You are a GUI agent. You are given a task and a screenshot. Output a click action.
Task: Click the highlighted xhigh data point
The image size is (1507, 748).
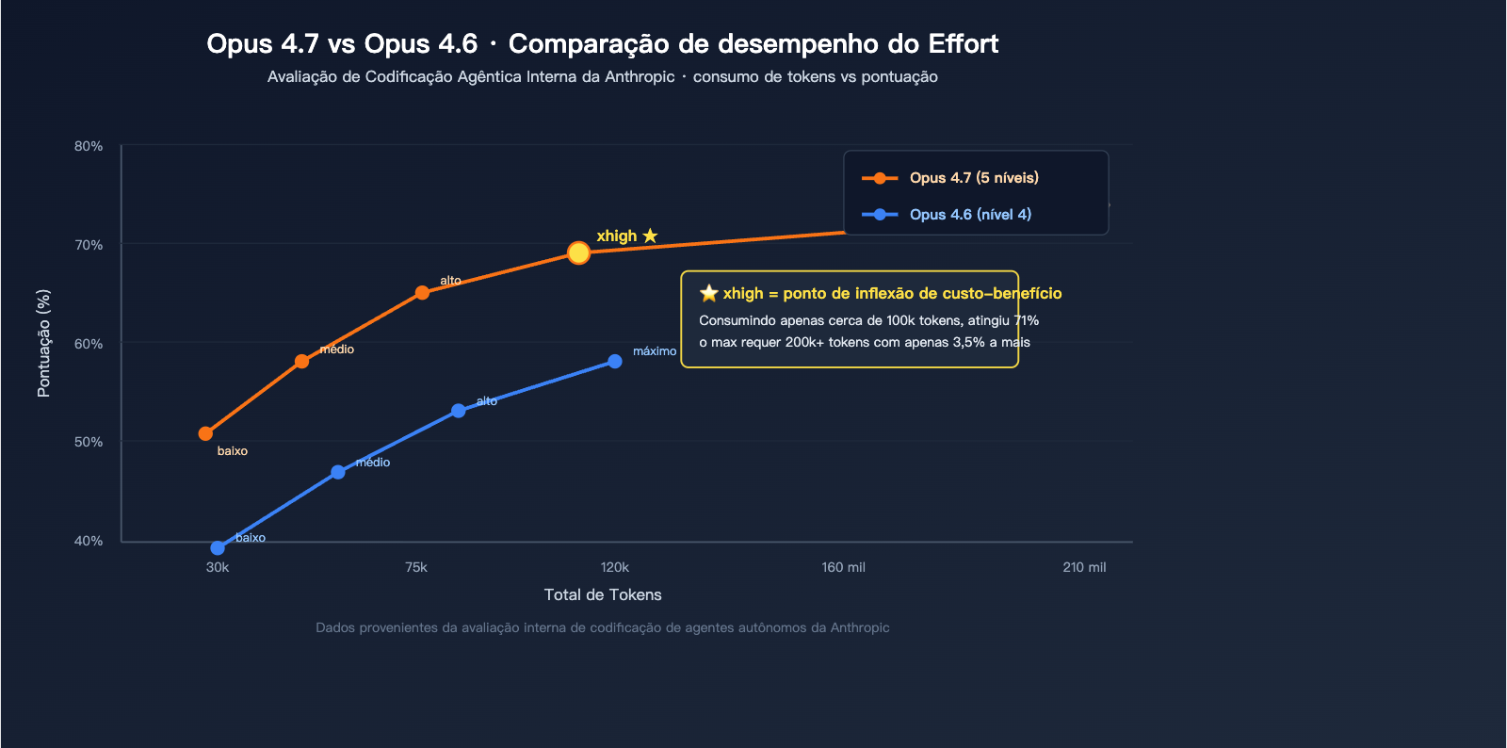tap(578, 252)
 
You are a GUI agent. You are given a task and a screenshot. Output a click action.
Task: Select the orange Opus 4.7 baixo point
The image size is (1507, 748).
tap(205, 434)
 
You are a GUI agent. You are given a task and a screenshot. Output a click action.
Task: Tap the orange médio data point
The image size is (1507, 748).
tap(301, 362)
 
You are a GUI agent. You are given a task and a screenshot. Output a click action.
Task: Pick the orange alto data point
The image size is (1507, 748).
tap(422, 293)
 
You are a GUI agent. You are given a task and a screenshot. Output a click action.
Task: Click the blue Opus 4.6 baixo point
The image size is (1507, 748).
tap(218, 548)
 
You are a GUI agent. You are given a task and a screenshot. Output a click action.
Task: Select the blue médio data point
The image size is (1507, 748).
tap(337, 472)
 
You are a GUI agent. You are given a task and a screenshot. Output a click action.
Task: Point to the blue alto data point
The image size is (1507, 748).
tap(458, 411)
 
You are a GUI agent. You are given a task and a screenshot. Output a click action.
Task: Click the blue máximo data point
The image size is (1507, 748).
tap(614, 362)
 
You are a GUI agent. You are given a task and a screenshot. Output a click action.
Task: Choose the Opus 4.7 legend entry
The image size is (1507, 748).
tap(973, 178)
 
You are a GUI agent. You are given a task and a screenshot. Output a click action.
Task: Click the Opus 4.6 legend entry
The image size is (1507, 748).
tap(969, 215)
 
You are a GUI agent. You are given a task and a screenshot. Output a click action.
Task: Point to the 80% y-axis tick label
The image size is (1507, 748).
tap(89, 147)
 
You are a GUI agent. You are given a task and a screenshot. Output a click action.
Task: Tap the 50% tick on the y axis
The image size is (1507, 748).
tap(89, 442)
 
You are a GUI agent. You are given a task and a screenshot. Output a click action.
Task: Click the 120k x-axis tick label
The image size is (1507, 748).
tap(614, 567)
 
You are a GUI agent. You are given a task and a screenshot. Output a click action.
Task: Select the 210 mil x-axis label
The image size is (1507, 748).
tap(1084, 567)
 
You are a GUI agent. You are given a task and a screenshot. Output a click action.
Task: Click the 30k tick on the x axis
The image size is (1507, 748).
tap(218, 567)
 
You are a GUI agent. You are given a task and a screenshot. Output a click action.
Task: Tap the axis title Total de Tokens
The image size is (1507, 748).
tap(603, 595)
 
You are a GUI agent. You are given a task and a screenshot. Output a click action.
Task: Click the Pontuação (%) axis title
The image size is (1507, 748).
tap(43, 343)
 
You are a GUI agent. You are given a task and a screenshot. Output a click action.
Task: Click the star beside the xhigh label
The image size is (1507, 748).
tap(650, 236)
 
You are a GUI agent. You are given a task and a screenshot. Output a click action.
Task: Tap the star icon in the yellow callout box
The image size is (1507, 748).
tap(709, 293)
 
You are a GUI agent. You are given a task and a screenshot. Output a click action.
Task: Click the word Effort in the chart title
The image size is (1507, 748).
tap(963, 44)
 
